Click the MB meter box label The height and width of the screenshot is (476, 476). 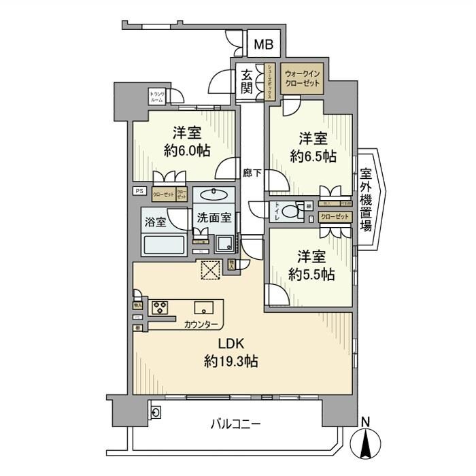click(263, 45)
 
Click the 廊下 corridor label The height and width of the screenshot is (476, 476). click(252, 173)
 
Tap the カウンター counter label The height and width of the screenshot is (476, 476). click(201, 324)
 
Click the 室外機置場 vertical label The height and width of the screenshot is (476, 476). click(366, 200)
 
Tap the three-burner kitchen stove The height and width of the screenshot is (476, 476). click(160, 307)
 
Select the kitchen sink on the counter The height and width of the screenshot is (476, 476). click(203, 307)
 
